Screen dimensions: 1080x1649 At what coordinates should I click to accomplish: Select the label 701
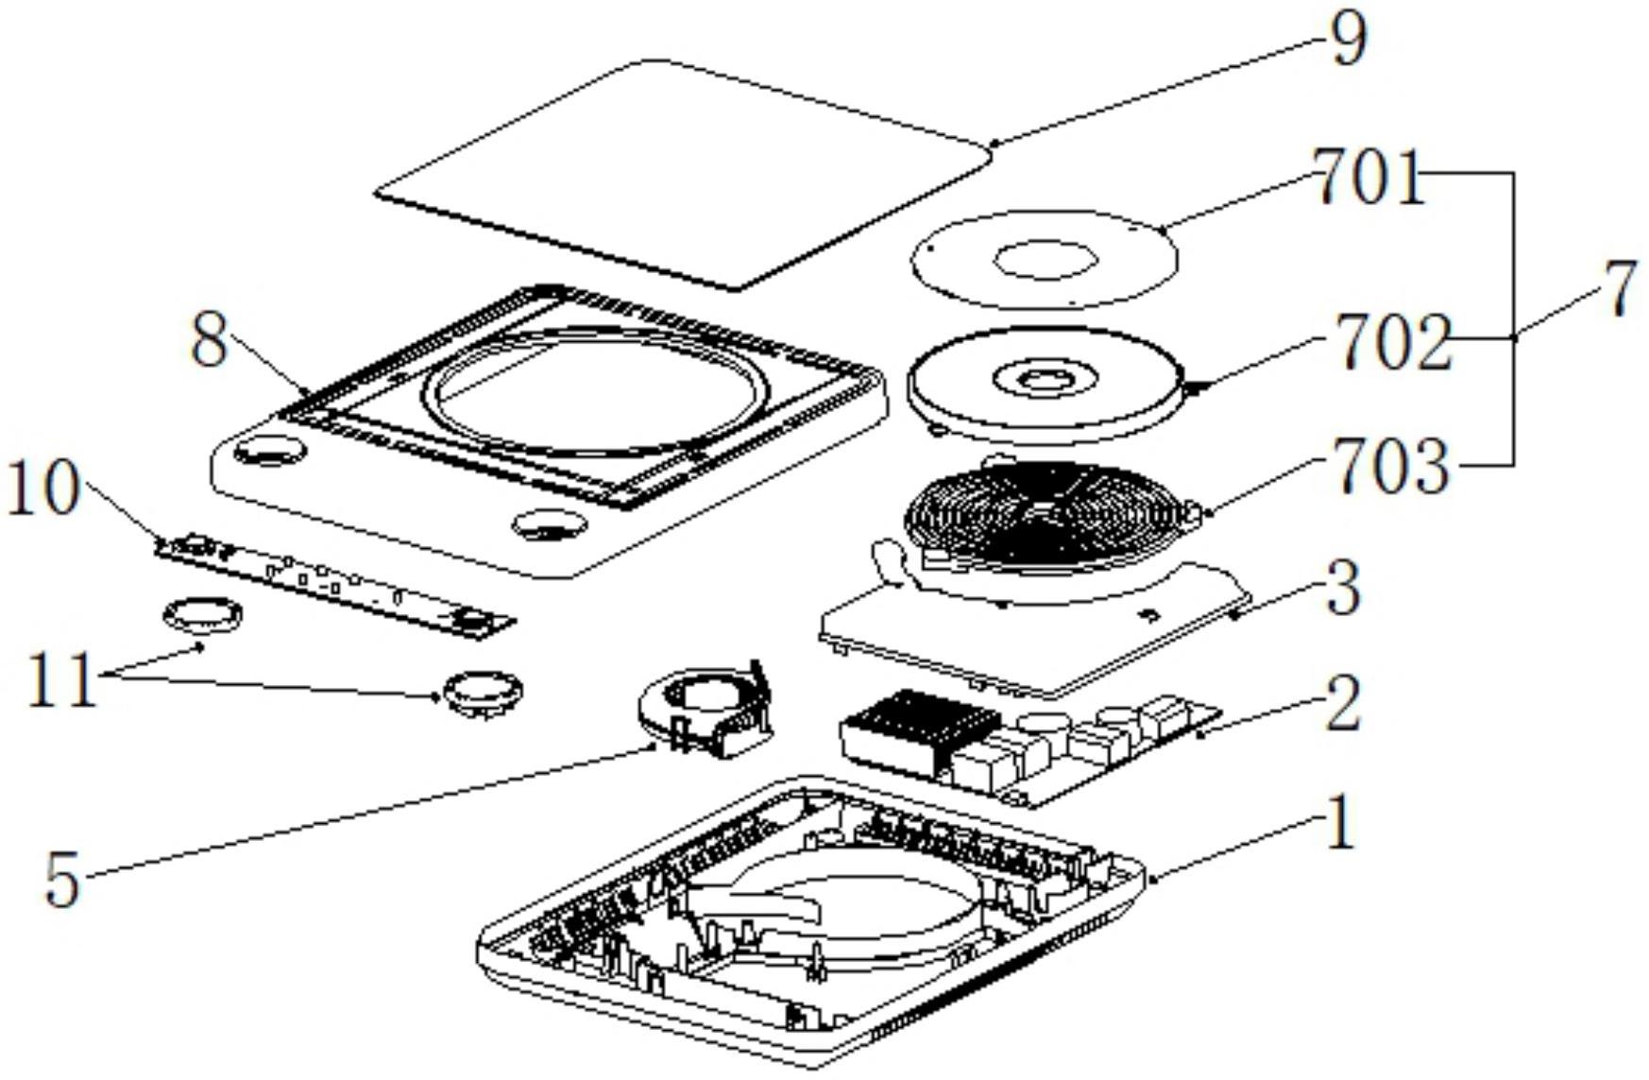(1369, 179)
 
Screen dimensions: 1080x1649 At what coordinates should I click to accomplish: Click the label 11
(61, 679)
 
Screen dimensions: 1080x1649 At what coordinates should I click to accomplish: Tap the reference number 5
(62, 881)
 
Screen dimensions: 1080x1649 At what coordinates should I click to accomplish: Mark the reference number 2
(1342, 704)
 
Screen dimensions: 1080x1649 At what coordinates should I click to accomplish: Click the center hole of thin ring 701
(1045, 260)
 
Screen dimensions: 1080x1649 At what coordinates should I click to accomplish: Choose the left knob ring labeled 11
(202, 617)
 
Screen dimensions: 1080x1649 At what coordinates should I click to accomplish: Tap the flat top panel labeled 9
(680, 175)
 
